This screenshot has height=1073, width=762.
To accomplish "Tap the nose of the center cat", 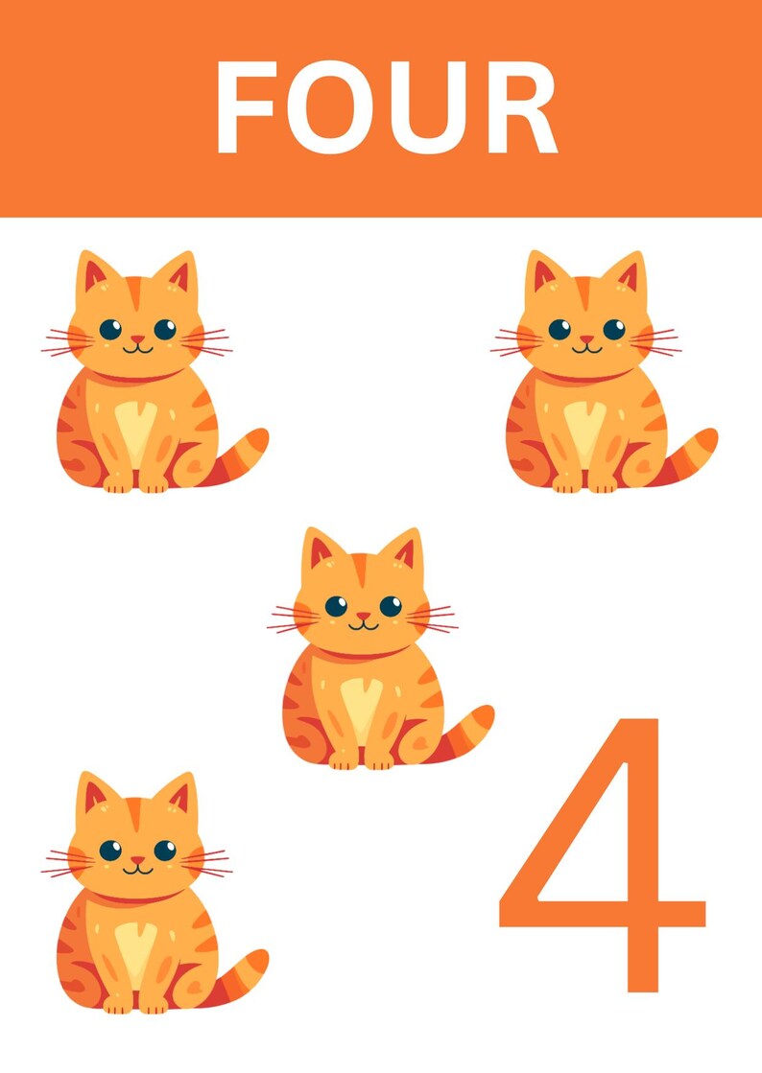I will [x=363, y=617].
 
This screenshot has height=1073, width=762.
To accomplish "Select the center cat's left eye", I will [x=336, y=606].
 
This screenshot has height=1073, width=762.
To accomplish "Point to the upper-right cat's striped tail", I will [x=692, y=453].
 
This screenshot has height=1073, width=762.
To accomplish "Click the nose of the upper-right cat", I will [x=586, y=339].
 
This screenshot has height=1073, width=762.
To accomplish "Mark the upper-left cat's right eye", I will [x=165, y=329].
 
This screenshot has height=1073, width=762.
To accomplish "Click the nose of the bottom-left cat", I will [x=137, y=860].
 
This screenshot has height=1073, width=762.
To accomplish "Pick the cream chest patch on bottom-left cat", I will [x=134, y=949].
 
